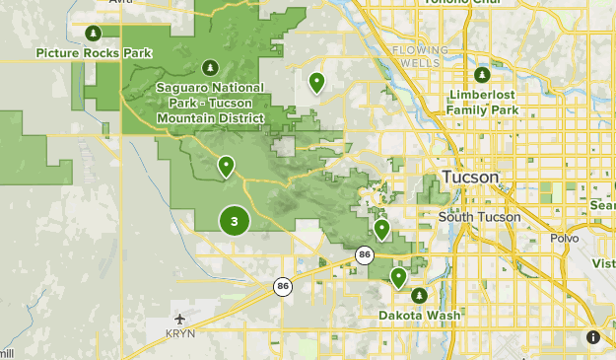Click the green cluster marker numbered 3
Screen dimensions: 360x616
[x=234, y=220]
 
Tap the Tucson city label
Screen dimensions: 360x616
[x=470, y=178]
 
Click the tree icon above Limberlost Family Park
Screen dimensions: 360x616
[x=482, y=75]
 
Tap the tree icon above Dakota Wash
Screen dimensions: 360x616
[x=418, y=296]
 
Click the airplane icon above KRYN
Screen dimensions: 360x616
[x=179, y=319]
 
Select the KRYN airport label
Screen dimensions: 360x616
[x=179, y=335]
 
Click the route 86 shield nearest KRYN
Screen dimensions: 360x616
[x=283, y=286]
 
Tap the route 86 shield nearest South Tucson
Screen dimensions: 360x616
[x=366, y=254]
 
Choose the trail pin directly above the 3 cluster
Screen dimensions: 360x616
[x=227, y=166]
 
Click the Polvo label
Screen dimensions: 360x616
[x=565, y=238]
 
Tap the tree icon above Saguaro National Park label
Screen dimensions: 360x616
[x=210, y=67]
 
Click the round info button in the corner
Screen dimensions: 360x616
[x=594, y=337]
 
